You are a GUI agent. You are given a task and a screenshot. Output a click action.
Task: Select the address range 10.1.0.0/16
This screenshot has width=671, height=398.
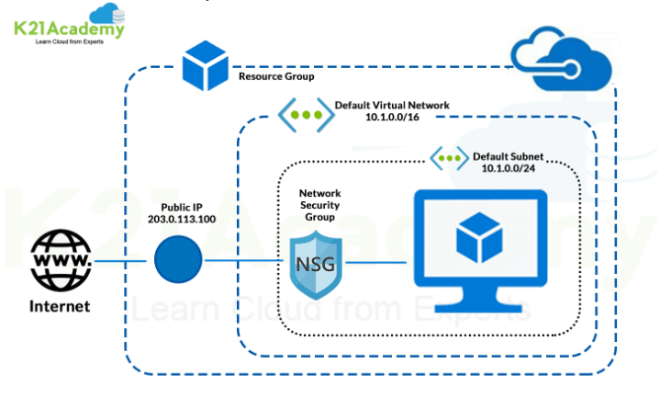tap(391, 119)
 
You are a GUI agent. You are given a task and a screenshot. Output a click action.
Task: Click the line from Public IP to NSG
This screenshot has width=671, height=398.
tap(243, 261)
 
